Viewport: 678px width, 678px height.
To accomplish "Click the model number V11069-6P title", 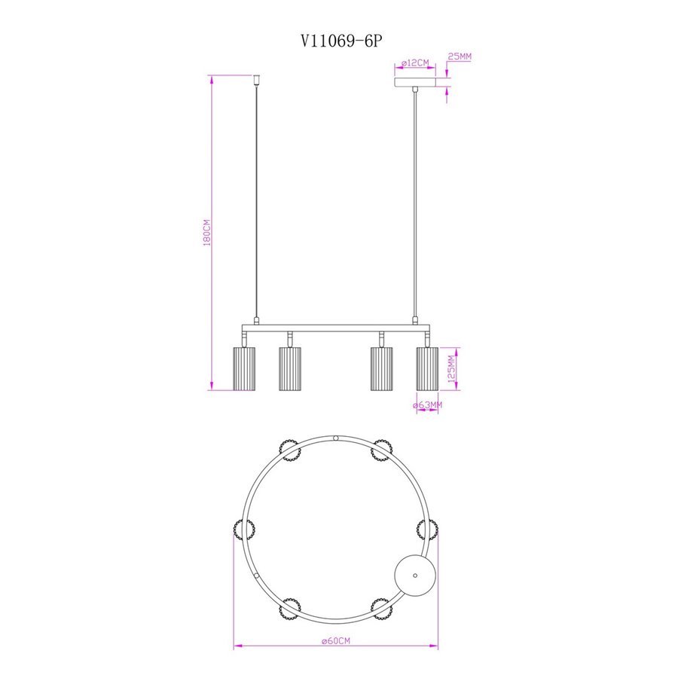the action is pyautogui.click(x=341, y=41).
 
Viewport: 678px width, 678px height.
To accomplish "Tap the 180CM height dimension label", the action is pyautogui.click(x=207, y=233).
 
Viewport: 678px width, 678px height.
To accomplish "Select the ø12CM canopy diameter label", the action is pyautogui.click(x=415, y=63).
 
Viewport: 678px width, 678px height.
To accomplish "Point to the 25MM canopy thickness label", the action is pyautogui.click(x=460, y=56).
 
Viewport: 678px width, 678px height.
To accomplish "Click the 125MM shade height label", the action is pyautogui.click(x=452, y=369).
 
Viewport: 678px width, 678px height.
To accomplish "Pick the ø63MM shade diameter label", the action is pyautogui.click(x=427, y=405).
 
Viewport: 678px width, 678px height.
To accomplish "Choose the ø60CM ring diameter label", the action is pyautogui.click(x=336, y=640).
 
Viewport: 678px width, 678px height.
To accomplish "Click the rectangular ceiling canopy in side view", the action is pyautogui.click(x=414, y=82).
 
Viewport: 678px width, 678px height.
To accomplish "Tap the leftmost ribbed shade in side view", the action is pyautogui.click(x=244, y=368).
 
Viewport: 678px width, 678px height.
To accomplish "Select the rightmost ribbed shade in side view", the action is pyautogui.click(x=427, y=368).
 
